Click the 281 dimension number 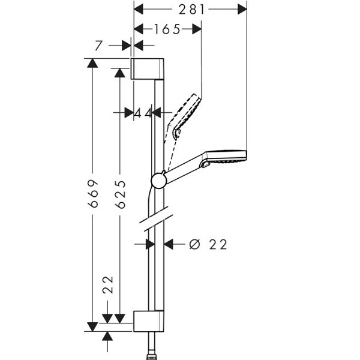[191, 10]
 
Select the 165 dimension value [167, 29]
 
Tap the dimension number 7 [98, 46]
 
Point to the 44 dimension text [143, 113]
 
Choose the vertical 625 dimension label [121, 194]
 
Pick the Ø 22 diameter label [208, 244]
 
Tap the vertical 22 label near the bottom [108, 284]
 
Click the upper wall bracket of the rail [147, 69]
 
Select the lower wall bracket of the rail [149, 321]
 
